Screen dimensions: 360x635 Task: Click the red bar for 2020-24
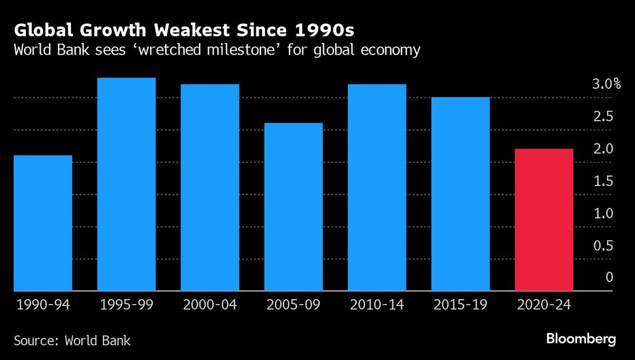tap(544, 220)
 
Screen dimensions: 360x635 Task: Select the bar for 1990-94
tap(43, 223)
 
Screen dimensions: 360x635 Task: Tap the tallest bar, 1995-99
tap(126, 184)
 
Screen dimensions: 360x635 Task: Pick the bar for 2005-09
tap(293, 207)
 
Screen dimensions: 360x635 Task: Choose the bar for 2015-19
tap(460, 194)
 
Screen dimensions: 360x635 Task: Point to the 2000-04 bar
tap(210, 187)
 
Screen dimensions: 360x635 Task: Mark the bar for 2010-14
tap(377, 187)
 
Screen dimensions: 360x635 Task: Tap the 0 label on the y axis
tap(609, 277)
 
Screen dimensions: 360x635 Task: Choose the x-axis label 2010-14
tap(377, 305)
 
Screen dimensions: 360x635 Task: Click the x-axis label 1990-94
tap(42, 305)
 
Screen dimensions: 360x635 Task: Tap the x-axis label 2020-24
tap(544, 305)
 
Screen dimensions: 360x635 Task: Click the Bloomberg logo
tap(581, 339)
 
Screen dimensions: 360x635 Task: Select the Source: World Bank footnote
tap(72, 340)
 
